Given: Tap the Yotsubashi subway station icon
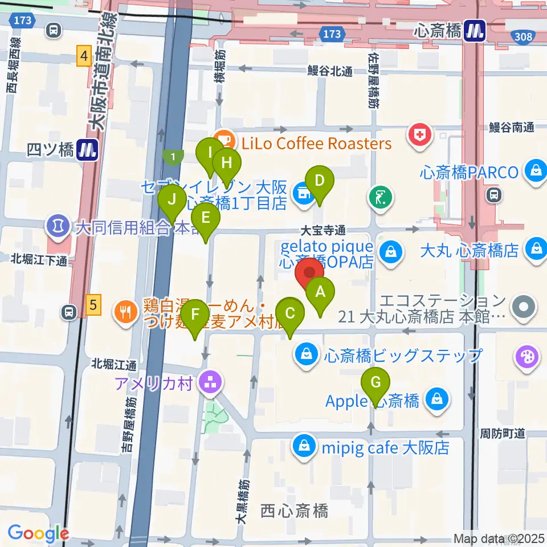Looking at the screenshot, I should [x=88, y=150].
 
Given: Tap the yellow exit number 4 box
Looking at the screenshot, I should [x=85, y=56].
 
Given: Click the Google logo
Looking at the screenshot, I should [x=38, y=533].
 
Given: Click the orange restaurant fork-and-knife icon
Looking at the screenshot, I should [x=124, y=311].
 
